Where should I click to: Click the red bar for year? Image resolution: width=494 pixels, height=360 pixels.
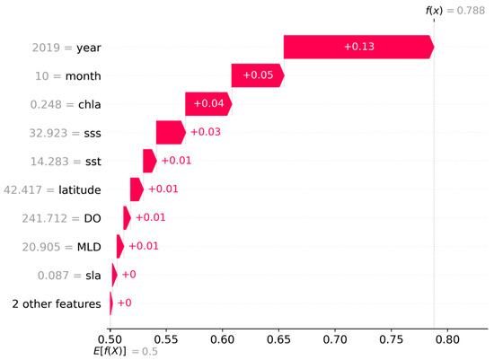pos(359,47)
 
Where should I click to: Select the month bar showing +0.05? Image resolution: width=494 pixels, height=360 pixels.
pos(258,75)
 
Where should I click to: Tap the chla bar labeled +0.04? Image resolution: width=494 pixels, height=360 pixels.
pos(208,104)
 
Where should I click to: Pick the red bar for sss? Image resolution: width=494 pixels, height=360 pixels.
pos(171,132)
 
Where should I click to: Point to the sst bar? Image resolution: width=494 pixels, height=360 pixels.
pos(150,161)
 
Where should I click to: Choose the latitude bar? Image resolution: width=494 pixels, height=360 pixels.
pos(137,189)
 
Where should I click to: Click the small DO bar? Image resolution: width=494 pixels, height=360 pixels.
pos(127,218)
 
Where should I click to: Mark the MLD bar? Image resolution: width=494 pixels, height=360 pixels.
pos(120,246)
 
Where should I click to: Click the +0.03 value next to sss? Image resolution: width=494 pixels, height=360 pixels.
pos(206,132)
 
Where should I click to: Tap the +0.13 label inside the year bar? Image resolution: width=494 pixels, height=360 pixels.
pos(359,47)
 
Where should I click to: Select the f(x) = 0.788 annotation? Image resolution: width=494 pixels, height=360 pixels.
pos(455,11)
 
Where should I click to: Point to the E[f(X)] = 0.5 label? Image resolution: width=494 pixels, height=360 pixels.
pos(126,352)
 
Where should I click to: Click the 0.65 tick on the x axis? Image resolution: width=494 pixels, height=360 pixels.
pos(278,339)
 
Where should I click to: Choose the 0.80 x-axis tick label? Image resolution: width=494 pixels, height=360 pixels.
pos(447,339)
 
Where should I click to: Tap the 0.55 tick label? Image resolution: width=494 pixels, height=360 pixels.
pos(166,339)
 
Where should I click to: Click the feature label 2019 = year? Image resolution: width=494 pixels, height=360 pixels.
pos(66,48)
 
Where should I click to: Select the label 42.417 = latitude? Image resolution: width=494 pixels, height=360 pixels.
pos(52,190)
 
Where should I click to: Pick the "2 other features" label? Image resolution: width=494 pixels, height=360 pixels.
pos(57,304)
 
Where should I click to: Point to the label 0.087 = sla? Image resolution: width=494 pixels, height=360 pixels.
pos(69,276)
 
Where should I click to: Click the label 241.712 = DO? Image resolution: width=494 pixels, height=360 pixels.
pos(61,218)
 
